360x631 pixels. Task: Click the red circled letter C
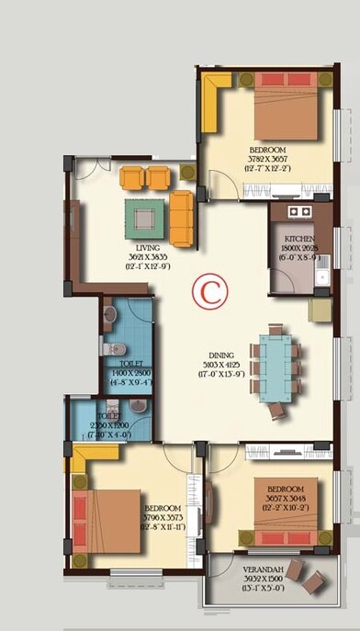(x=209, y=293)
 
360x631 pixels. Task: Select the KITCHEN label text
(x=299, y=239)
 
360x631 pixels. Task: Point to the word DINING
(x=220, y=355)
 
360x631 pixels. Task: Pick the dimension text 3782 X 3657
(x=267, y=159)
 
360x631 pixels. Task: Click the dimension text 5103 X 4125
(x=221, y=365)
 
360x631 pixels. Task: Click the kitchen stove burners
(x=299, y=211)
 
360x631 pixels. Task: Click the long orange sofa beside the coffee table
(x=181, y=219)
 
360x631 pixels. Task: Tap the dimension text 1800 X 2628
(x=299, y=248)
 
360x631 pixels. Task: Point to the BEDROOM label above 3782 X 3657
(x=267, y=150)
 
